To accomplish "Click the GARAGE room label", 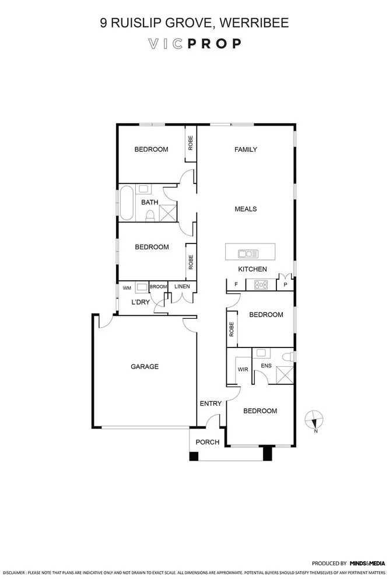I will [144, 367].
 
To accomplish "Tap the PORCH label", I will [207, 442].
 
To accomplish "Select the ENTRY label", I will [210, 404].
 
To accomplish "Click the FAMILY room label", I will [246, 150].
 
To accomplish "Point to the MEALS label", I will [246, 209].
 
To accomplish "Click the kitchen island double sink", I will [248, 253].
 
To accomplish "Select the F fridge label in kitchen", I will [236, 285].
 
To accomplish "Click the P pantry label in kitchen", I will [285, 285].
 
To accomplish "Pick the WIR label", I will [243, 369].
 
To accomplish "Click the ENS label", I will [266, 366].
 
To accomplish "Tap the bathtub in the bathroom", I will [127, 203].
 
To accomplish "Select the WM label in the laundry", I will [127, 288].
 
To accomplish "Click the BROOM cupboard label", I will [157, 287].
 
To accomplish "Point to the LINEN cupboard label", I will [182, 287].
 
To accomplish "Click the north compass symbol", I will [314, 419].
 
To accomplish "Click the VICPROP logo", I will [194, 44].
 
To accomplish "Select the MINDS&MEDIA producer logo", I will [367, 564].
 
